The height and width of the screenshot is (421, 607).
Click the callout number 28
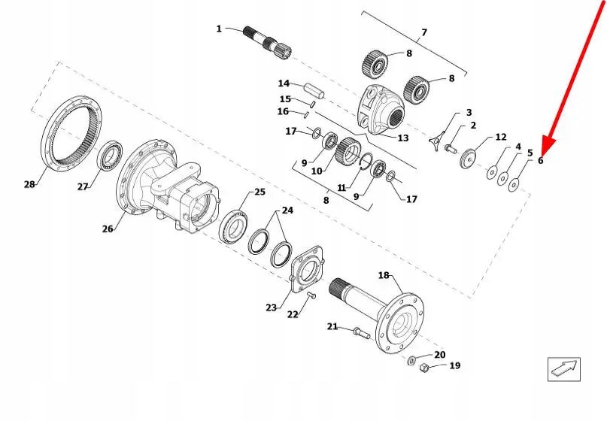coord(29,184)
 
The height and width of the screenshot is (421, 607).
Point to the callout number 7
coord(423,32)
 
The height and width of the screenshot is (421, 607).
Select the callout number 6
coord(540,159)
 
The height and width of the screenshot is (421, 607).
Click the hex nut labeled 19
coord(424,368)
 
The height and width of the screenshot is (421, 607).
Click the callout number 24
coord(287,210)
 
